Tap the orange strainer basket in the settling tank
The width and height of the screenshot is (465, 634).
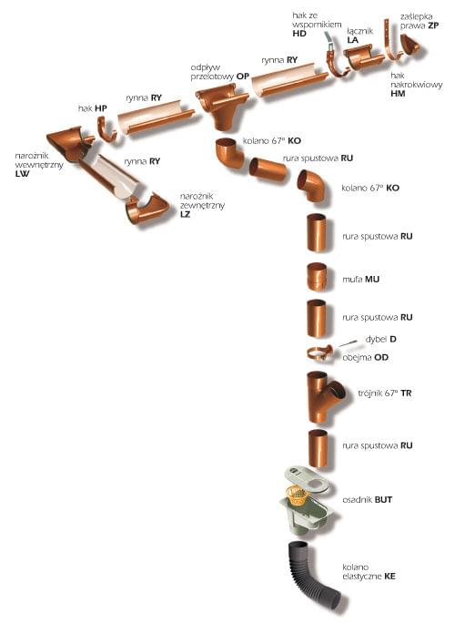pos(297,496)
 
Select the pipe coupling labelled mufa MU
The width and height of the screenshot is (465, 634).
pos(316,277)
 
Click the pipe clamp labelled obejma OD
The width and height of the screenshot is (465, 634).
pos(319,353)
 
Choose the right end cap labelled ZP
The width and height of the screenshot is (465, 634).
pos(409,44)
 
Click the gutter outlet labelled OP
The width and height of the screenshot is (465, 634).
pos(221,106)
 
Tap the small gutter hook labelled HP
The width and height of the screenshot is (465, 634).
pos(106,129)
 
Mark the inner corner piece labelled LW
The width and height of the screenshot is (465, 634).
pos(69,144)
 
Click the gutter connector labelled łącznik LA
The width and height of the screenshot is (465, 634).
pos(364,57)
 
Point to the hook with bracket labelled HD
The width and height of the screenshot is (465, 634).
pos(335,56)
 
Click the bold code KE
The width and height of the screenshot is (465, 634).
pos(389,577)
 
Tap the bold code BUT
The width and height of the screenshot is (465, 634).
pos(383,500)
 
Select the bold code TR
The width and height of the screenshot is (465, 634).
pos(406,393)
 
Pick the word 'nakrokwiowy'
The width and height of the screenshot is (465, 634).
pos(417,85)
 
